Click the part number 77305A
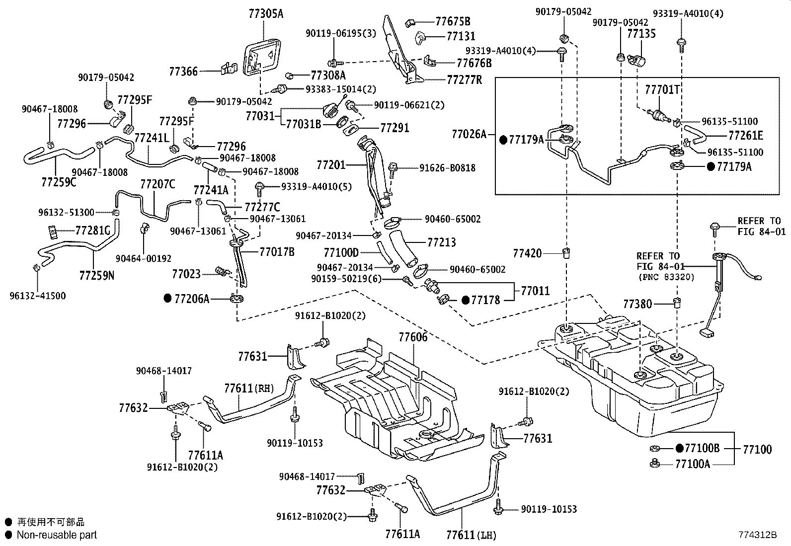point(266,14)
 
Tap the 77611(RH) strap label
point(249,389)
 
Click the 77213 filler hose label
point(441,242)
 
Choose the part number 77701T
point(662,90)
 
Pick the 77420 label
point(527,254)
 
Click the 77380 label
point(638,304)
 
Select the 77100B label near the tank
point(702,449)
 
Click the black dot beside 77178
point(466,300)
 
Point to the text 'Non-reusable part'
point(57,535)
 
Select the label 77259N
point(96,275)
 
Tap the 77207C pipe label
point(158,184)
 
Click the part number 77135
point(641,33)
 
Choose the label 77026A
point(469,134)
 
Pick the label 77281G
point(92,231)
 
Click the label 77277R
point(464,79)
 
